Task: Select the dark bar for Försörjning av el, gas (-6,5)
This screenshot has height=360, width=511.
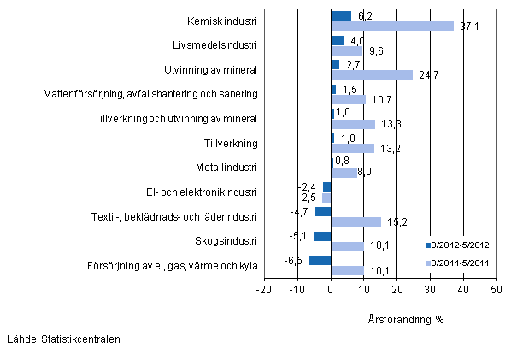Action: click(320, 260)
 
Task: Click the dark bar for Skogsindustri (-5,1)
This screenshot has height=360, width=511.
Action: click(322, 236)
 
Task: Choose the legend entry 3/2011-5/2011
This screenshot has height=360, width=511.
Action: click(459, 263)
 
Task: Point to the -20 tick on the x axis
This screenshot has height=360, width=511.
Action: click(263, 291)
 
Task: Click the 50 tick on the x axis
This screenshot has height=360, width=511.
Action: click(496, 291)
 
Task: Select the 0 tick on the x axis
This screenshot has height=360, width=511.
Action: click(331, 291)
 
